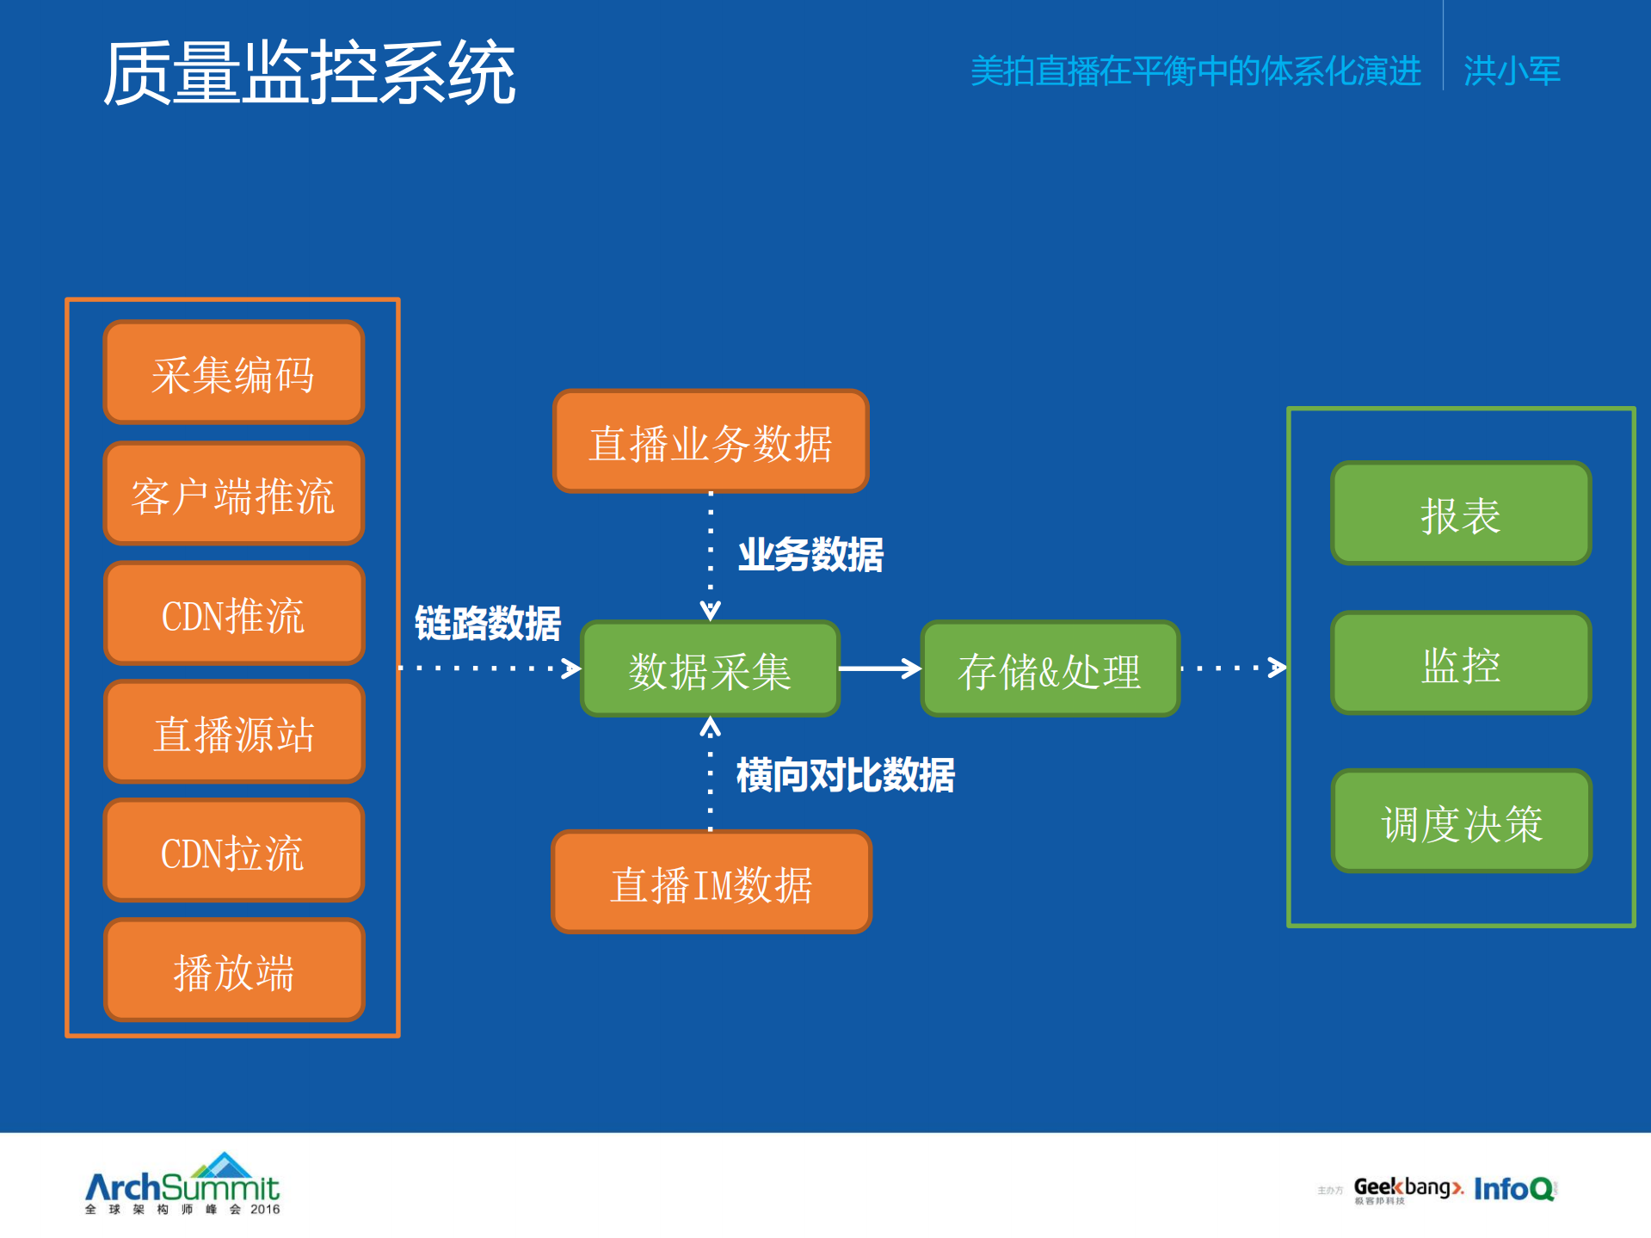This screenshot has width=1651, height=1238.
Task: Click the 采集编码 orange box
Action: pos(233,373)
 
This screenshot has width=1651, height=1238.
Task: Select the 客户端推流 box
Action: pos(233,494)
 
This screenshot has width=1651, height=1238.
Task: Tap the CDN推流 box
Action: pos(233,613)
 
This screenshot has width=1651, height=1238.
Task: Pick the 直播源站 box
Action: pos(233,732)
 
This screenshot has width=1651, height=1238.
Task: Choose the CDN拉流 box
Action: pos(233,851)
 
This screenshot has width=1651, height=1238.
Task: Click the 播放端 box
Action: pos(233,970)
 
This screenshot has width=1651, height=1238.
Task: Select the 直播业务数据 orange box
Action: pos(711,441)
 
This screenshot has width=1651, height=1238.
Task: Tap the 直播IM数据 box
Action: pos(711,883)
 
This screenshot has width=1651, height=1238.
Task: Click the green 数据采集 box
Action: pos(710,668)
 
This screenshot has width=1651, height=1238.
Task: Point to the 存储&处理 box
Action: pos(1050,668)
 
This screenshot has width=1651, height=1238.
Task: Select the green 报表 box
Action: pos(1461,514)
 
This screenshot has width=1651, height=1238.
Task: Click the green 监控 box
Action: pos(1461,663)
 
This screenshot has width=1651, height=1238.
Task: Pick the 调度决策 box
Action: pos(1461,822)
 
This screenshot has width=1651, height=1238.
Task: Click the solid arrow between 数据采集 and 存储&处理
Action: pos(879,668)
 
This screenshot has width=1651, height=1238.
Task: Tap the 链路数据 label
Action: pos(487,623)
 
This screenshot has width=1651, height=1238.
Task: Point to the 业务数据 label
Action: pos(810,554)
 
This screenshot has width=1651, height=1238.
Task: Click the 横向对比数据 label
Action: pos(845,775)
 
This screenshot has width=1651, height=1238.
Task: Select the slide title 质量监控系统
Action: pos(309,73)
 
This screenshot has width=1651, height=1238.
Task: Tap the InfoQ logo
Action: pos(1514,1189)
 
